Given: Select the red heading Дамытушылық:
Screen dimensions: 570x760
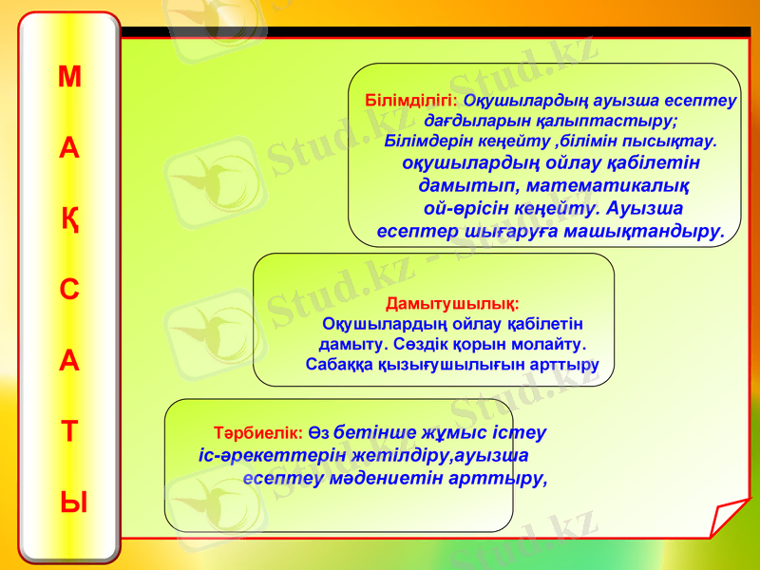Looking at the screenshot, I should point(452,305).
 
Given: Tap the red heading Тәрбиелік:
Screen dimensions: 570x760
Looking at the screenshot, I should point(258,431).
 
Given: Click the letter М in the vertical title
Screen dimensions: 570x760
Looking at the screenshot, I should point(69,77).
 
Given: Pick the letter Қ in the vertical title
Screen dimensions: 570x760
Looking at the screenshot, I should point(70,220).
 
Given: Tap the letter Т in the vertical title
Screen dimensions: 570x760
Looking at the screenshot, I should point(69,431).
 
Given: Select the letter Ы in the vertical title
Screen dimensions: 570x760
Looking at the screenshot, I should point(70,502).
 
